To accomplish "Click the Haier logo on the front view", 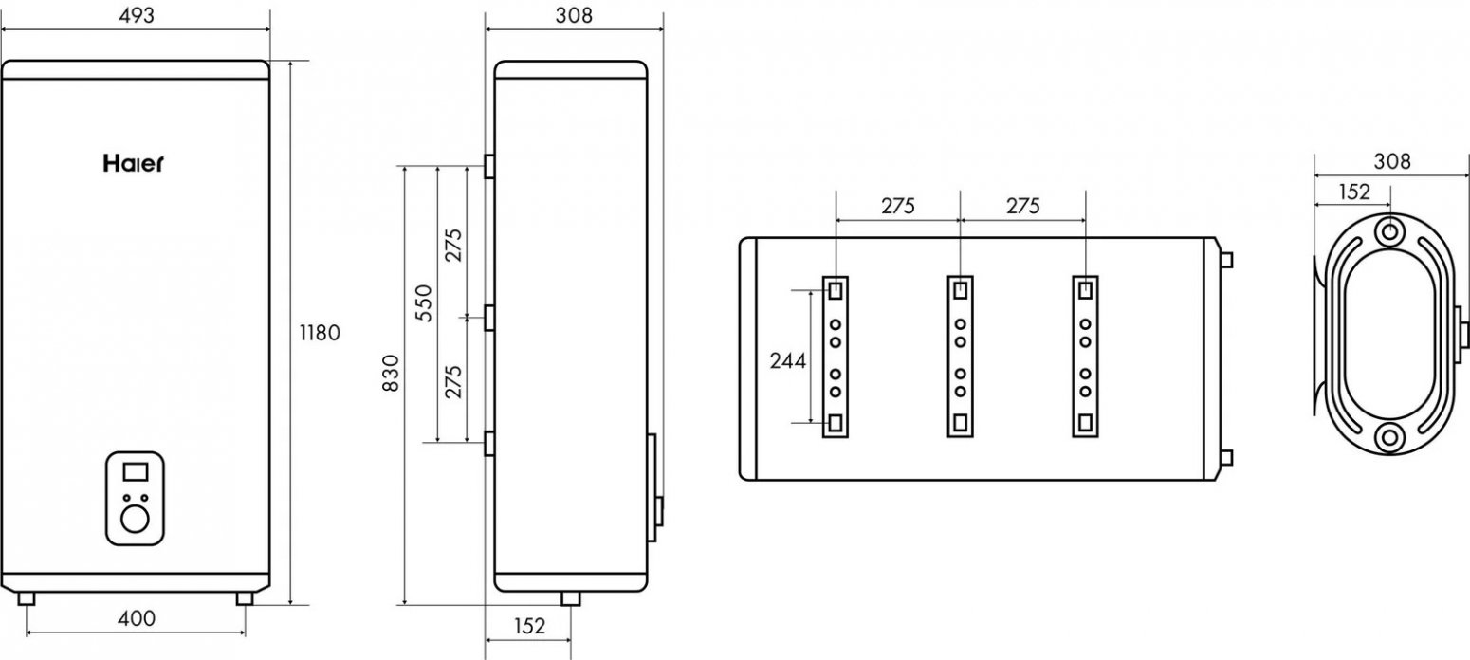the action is pyautogui.click(x=133, y=163).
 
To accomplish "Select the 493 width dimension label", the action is pyautogui.click(x=137, y=15).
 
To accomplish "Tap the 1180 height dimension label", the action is pyautogui.click(x=320, y=333).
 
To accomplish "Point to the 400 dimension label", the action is pyautogui.click(x=137, y=618).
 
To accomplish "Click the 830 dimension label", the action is pyautogui.click(x=391, y=373).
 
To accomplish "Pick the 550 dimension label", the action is pyautogui.click(x=425, y=302).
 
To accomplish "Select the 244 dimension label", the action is pyautogui.click(x=787, y=360).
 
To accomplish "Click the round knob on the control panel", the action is pyautogui.click(x=136, y=519).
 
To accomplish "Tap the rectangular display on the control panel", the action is pyautogui.click(x=136, y=471).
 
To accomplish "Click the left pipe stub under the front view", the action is pyautogui.click(x=27, y=598).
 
